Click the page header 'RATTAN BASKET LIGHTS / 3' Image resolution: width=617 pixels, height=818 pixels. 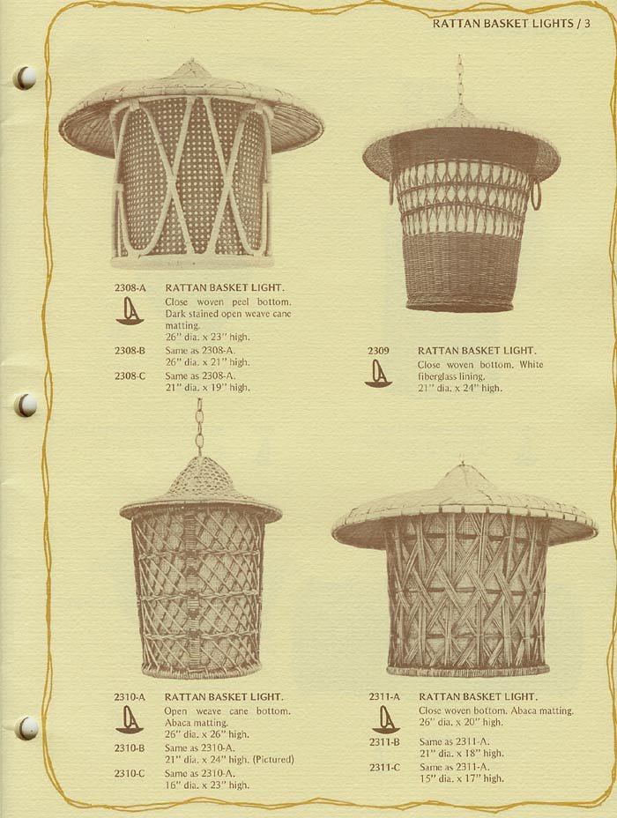click(511, 24)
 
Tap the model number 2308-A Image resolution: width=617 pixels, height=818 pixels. click(130, 287)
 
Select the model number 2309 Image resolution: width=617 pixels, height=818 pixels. click(378, 351)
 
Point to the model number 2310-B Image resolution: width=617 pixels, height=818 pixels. click(130, 748)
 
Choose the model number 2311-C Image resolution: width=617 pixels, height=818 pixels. click(385, 768)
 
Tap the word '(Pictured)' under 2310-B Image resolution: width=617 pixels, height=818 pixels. click(273, 760)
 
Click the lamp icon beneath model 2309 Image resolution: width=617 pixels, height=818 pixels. click(378, 374)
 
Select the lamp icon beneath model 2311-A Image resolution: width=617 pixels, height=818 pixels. click(385, 719)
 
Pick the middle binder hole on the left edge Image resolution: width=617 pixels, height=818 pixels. click(26, 405)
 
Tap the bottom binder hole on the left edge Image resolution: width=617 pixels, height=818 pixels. click(26, 728)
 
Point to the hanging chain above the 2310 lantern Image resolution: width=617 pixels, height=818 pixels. click(199, 428)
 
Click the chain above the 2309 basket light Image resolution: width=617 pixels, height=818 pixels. click(459, 80)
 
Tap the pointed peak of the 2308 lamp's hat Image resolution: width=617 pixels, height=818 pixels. click(190, 62)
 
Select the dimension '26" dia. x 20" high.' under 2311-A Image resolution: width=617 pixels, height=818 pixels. click(461, 723)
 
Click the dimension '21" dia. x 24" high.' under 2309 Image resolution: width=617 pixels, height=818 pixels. click(460, 388)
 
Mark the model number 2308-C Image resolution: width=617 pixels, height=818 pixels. click(130, 376)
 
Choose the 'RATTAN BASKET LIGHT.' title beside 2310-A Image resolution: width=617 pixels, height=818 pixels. click(224, 697)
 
